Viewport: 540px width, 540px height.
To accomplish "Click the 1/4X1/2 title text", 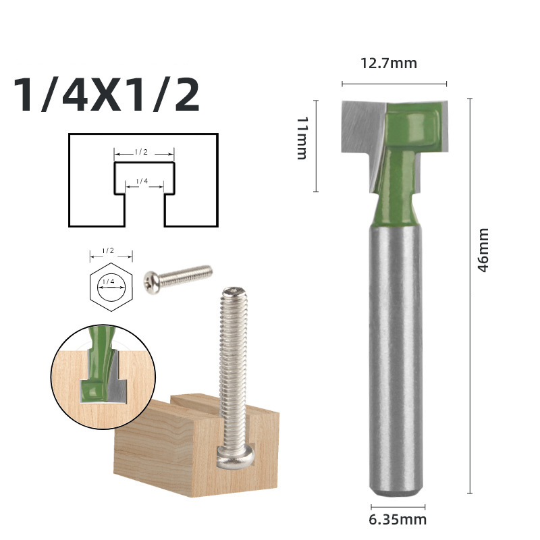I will [107, 95].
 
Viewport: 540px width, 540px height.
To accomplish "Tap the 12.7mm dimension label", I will [388, 64].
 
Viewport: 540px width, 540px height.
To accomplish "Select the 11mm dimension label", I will [302, 138].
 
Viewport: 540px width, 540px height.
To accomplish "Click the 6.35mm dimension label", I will [398, 519].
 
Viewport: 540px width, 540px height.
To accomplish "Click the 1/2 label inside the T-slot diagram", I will [141, 153].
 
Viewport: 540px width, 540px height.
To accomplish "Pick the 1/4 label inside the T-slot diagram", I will [142, 181].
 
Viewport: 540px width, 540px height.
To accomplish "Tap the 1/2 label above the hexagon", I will [108, 250].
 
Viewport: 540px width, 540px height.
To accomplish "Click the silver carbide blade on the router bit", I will [358, 128].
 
